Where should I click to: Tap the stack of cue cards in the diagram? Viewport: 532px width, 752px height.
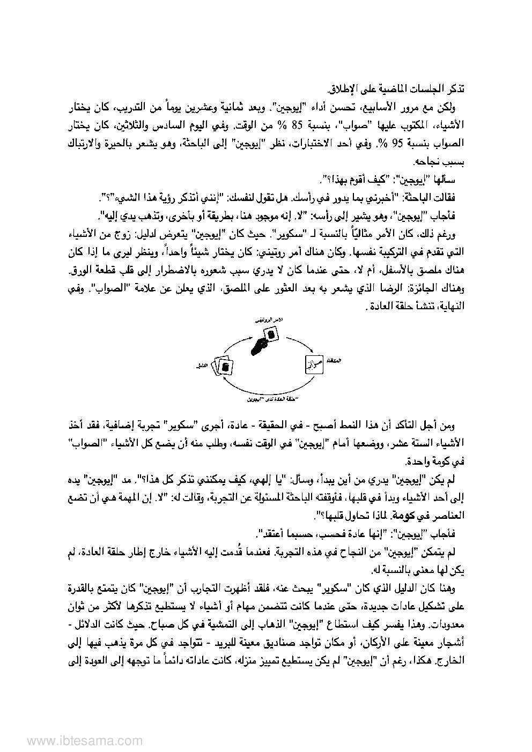(x=223, y=367)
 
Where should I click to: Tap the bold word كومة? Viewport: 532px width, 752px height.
(x=410, y=516)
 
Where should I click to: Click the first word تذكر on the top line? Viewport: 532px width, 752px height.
(x=455, y=87)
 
